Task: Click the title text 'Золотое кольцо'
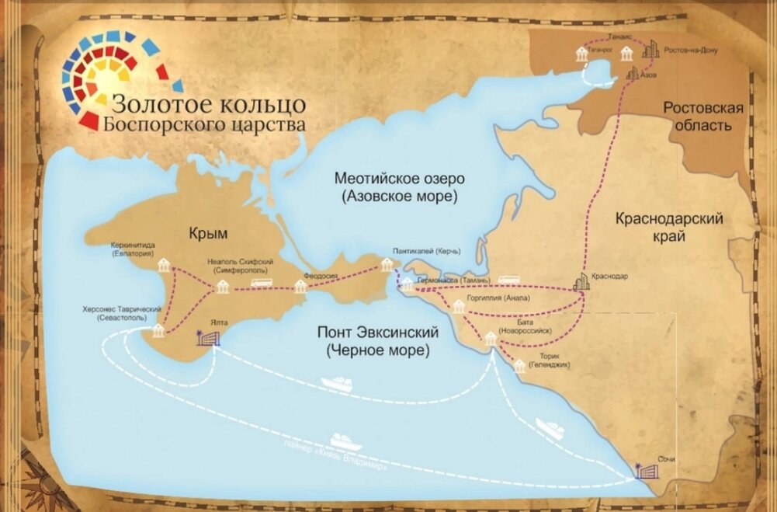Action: [208, 103]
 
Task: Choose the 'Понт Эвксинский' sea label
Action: [378, 341]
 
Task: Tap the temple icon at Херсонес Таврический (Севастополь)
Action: [158, 332]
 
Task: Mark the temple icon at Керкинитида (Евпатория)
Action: [165, 266]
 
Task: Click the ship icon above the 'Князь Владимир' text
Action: [346, 441]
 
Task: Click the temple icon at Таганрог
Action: [581, 55]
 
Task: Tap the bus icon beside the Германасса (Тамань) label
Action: [509, 280]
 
